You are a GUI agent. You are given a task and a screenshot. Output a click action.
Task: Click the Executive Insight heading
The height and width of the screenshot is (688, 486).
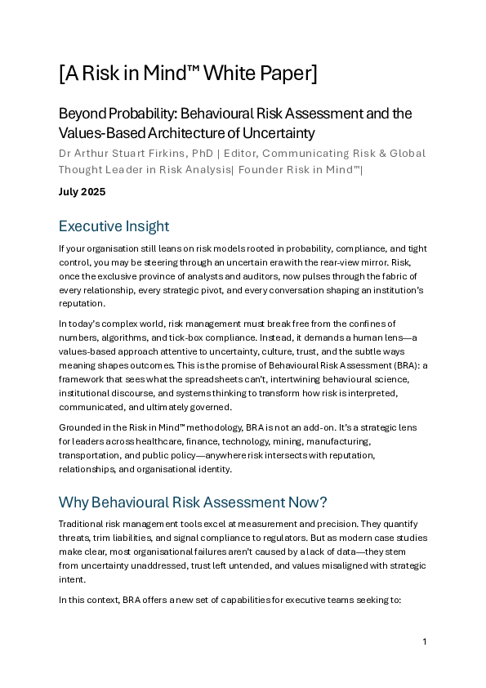114,226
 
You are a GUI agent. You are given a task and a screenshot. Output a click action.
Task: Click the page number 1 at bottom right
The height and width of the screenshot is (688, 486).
425,641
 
